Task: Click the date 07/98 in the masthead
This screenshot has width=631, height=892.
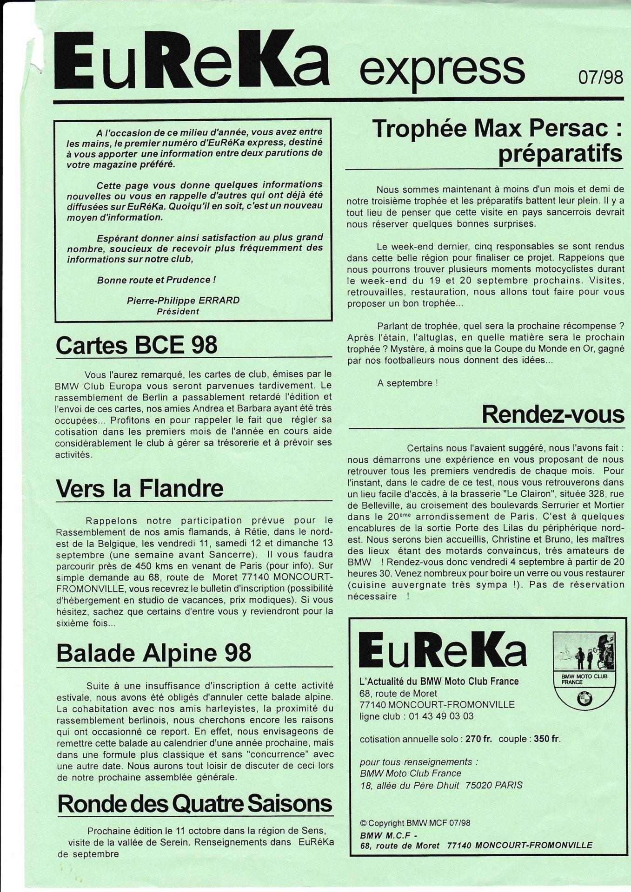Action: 600,77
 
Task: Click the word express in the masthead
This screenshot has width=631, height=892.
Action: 442,69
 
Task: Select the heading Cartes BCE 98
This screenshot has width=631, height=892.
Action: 136,345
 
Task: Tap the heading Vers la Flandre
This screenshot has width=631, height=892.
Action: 139,488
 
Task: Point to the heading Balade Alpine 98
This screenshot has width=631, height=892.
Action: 153,653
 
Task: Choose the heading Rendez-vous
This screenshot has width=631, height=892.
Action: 553,414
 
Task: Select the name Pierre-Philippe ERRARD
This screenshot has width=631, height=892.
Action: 183,301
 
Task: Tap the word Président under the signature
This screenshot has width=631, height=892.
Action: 178,311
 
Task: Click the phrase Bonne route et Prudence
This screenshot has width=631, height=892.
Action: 156,280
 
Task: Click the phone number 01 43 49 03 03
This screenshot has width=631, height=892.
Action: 441,716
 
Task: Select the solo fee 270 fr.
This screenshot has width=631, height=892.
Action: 478,739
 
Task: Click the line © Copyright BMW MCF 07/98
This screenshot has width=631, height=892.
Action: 415,823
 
